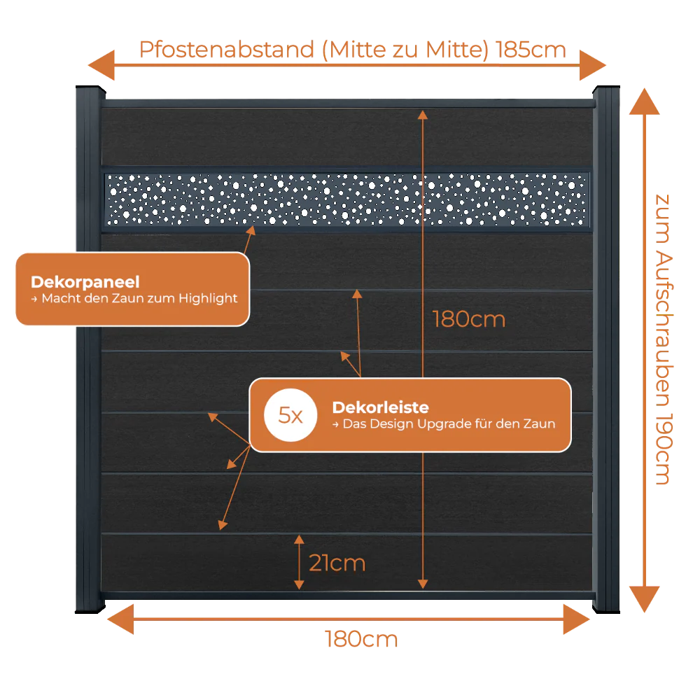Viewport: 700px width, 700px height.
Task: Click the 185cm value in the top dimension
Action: coord(531,50)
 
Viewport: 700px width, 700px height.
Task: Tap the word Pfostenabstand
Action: coord(227,50)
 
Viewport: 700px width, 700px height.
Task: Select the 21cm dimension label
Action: coord(337,563)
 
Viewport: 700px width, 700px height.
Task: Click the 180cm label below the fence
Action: coord(361,639)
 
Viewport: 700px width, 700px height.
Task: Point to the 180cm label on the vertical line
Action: coord(469,319)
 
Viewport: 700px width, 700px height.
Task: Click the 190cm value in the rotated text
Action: coord(664,449)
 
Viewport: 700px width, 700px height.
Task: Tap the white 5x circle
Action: coord(290,415)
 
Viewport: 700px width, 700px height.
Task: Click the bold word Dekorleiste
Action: coord(380,407)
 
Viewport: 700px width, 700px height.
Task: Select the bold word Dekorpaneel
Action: coord(85,281)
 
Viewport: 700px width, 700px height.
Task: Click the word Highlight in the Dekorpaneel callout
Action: coord(208,298)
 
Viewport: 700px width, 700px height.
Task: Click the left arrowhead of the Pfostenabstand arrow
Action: coord(101,65)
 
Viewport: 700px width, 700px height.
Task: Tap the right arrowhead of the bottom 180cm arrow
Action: coord(577,619)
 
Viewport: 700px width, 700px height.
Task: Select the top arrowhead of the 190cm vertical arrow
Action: coord(644,101)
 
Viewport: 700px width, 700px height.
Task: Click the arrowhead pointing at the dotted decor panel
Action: coord(251,230)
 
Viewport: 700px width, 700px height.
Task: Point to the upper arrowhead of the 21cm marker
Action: coord(299,539)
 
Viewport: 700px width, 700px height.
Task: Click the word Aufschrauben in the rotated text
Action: coord(664,330)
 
